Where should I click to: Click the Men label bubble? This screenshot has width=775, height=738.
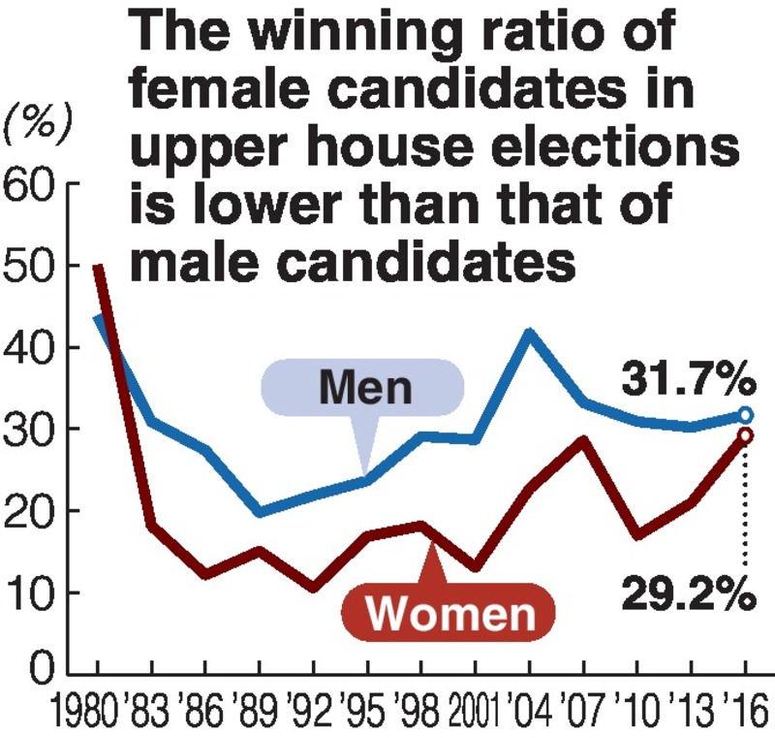point(365,389)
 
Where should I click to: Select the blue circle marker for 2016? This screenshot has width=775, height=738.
point(745,415)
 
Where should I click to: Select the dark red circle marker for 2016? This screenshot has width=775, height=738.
point(745,435)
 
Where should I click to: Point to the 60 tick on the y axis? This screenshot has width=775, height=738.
point(32,184)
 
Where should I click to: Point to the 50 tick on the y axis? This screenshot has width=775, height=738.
point(32,266)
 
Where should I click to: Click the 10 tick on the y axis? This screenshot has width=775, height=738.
point(32,593)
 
